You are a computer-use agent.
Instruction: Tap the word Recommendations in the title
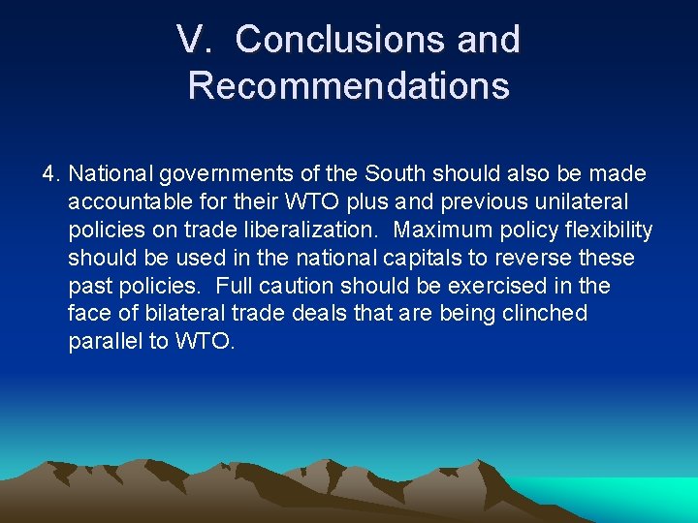click(349, 85)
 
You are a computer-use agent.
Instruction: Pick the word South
click(389, 174)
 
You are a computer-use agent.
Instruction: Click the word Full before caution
click(236, 287)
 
